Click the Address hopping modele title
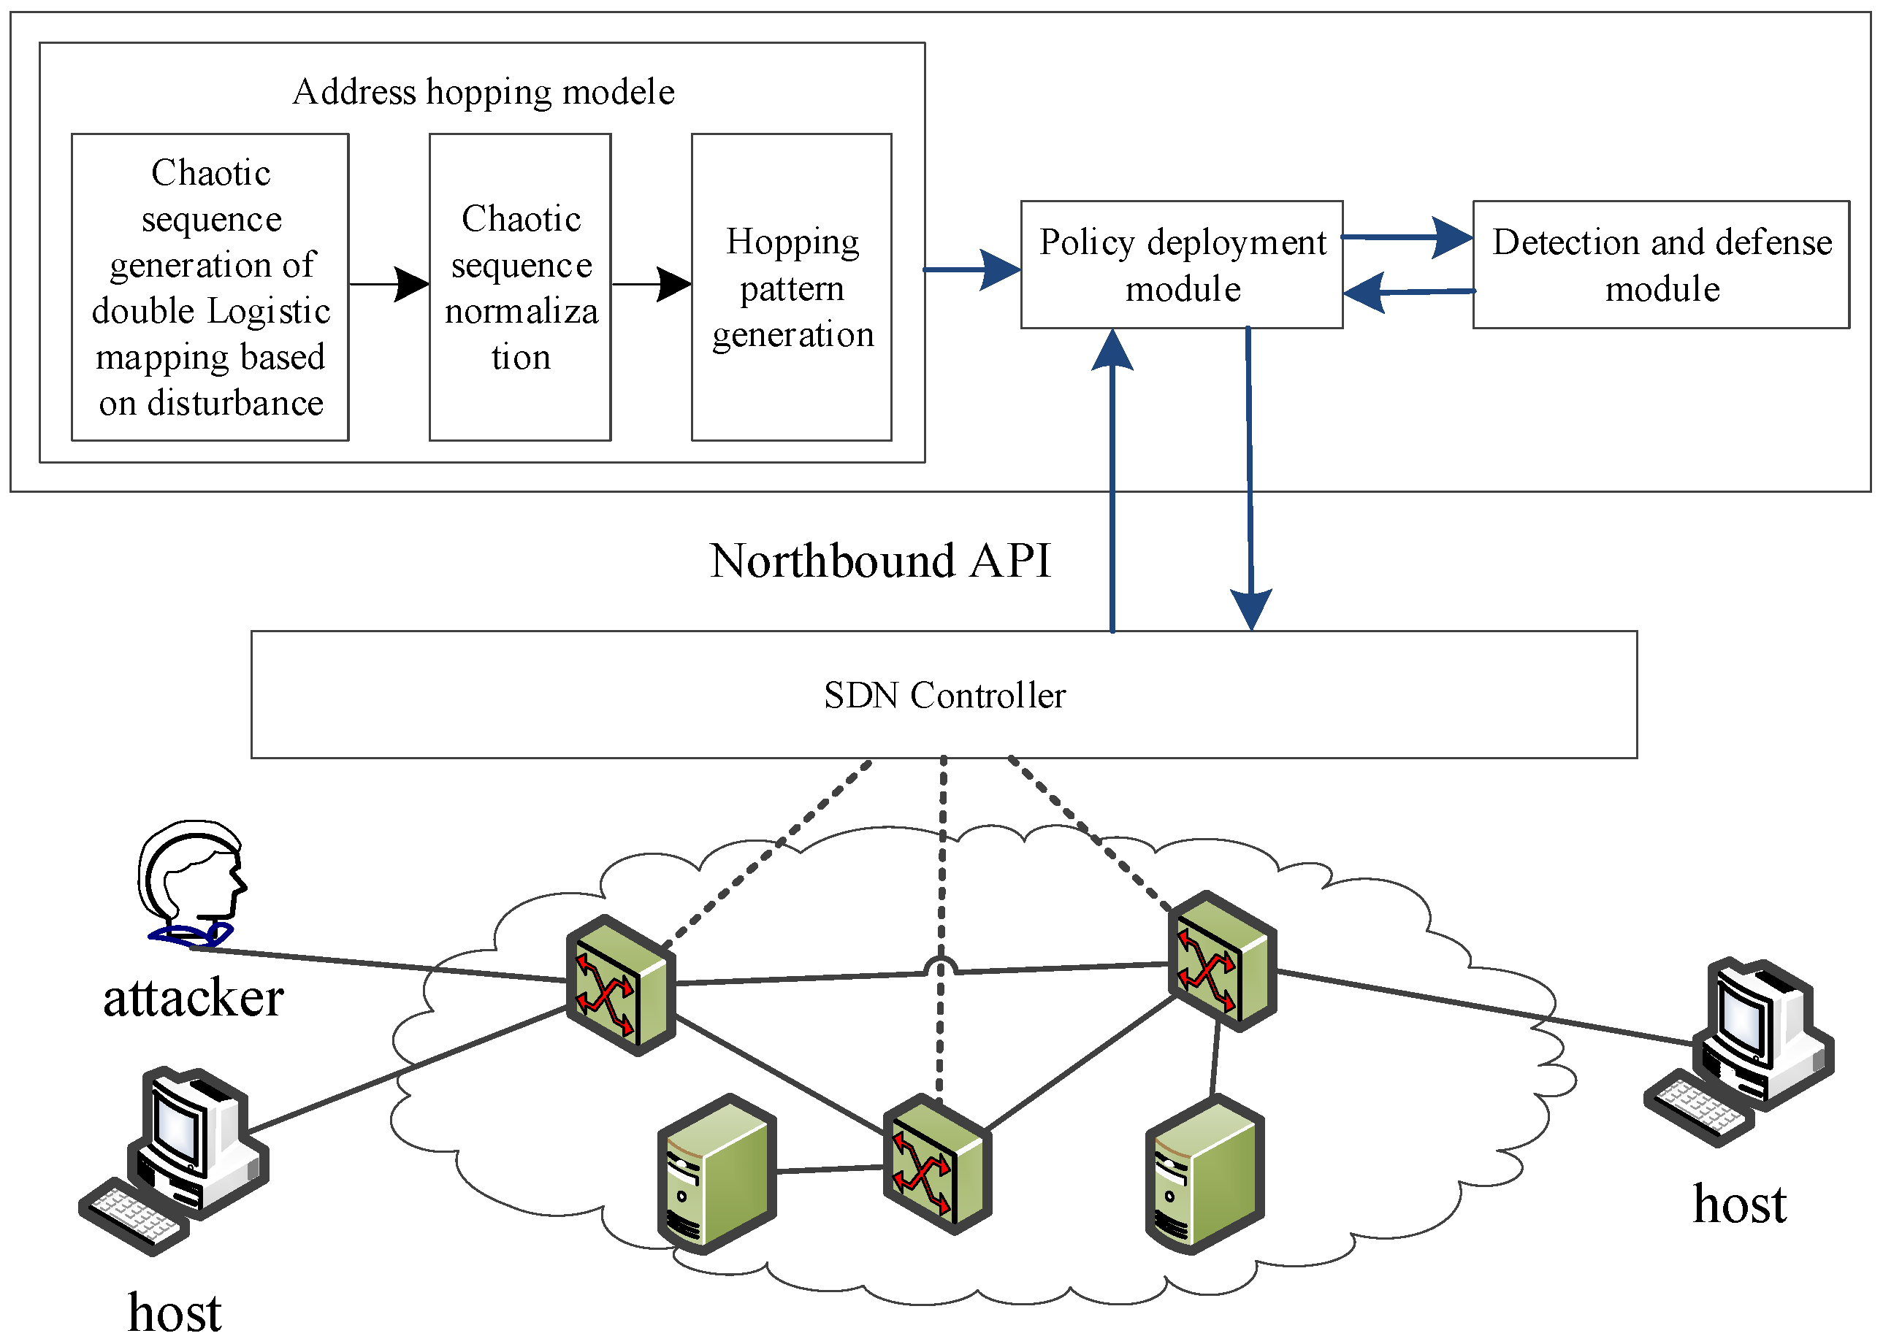tap(483, 92)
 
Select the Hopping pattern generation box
tap(791, 287)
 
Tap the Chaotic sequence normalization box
tap(520, 287)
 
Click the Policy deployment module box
tap(1181, 265)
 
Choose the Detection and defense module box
tap(1660, 265)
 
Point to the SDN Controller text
tap(944, 695)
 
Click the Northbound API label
tap(879, 561)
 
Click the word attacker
tap(193, 998)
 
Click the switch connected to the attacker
tap(620, 985)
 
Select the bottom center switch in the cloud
tap(936, 1164)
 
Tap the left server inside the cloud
tap(717, 1175)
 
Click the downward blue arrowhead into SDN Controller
tap(1250, 611)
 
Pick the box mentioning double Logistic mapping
tap(210, 287)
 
